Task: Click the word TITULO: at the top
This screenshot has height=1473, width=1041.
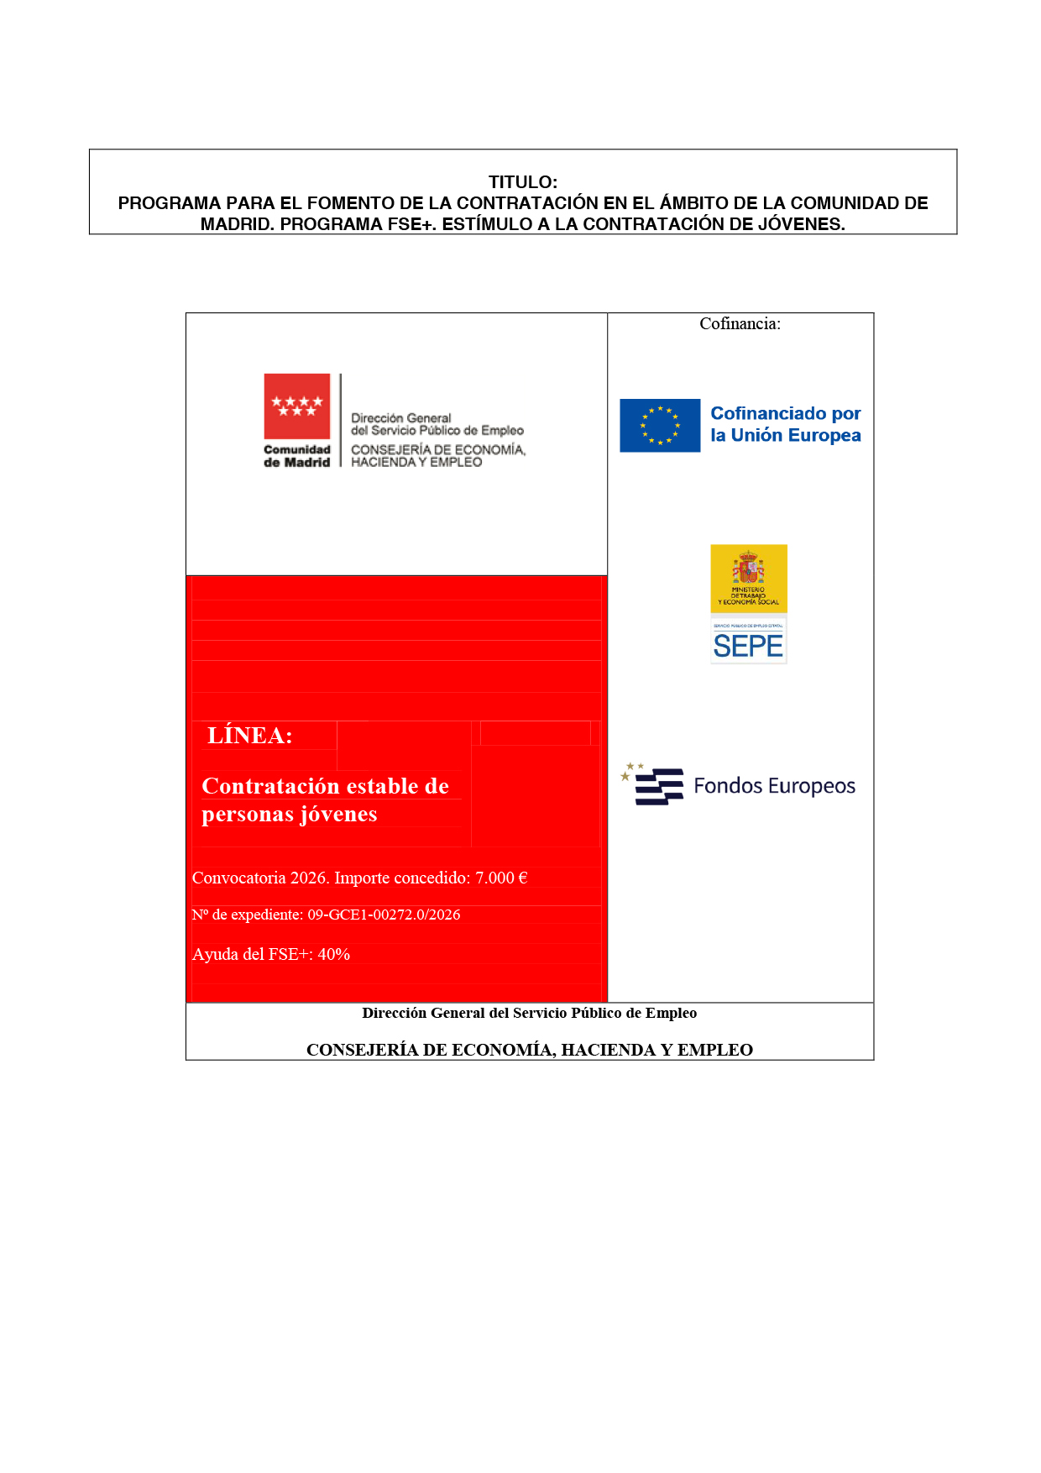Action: (522, 182)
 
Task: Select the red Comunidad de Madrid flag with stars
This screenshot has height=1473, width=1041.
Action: (297, 406)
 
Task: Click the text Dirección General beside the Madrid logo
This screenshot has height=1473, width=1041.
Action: (400, 418)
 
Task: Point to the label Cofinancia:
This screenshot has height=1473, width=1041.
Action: (740, 324)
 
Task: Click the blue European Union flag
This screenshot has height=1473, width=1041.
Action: (660, 426)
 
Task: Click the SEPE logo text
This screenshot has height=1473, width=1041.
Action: (748, 646)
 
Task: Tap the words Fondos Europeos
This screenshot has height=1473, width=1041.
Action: (774, 786)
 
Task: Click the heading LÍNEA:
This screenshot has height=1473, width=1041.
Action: (250, 736)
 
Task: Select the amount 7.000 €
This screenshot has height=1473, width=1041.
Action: (501, 878)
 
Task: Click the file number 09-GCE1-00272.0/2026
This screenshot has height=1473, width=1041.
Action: (384, 915)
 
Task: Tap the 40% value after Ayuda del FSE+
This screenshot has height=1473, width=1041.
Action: (333, 955)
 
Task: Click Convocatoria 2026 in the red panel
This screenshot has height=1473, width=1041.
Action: (259, 878)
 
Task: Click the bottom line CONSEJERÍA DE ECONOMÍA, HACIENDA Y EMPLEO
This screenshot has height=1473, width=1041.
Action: (529, 1050)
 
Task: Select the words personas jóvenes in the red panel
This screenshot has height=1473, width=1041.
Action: (289, 815)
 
